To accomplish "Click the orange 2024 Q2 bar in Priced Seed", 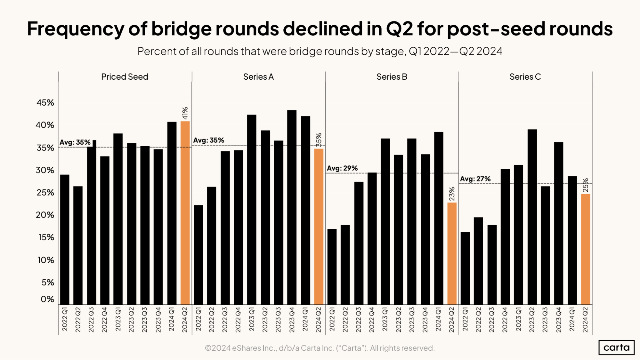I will point(185,213).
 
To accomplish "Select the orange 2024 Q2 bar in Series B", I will point(452,253).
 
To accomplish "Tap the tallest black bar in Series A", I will point(292,207).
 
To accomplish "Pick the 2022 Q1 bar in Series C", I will point(465,268).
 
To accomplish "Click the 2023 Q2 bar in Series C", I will point(532,217).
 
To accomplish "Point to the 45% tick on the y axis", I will point(45,103).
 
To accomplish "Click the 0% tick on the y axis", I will point(47,299).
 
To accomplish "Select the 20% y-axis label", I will point(45,215).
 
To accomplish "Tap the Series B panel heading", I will point(392,77).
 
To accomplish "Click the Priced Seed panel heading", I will point(125,77).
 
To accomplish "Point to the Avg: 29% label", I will point(342,168).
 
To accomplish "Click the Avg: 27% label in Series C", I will point(475,179).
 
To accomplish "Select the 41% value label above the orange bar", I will point(185,113).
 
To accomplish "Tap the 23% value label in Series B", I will point(452,194).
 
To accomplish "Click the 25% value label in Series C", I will point(585,185).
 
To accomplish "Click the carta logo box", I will point(616,348).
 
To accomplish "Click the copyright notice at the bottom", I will point(320,348).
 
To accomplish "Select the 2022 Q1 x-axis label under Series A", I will point(198,319).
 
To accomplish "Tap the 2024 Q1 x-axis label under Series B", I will point(438,319).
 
